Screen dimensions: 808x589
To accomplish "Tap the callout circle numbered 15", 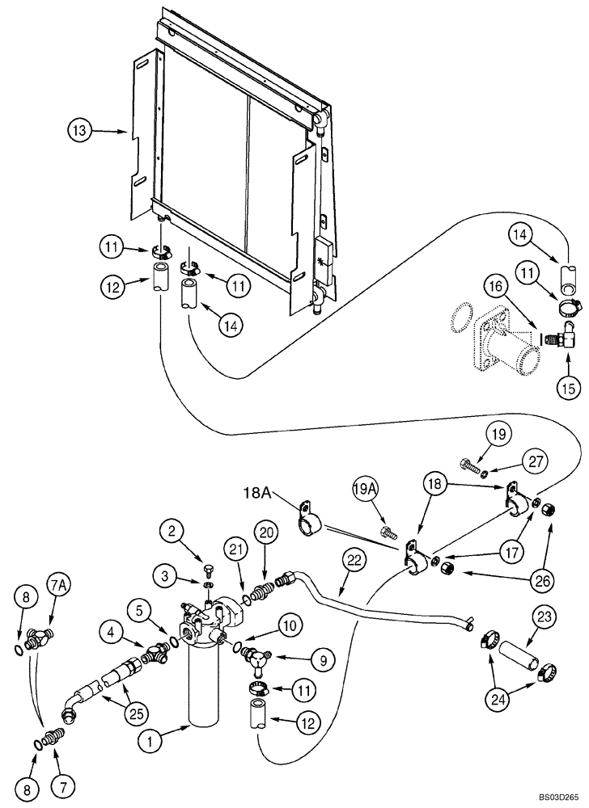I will [569, 388].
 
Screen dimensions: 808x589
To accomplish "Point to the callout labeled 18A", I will [256, 491].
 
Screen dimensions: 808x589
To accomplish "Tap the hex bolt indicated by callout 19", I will [471, 466].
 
